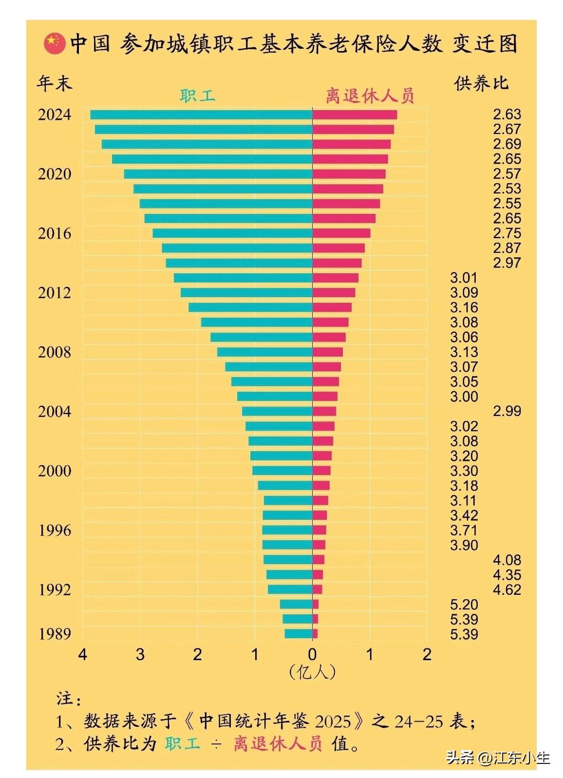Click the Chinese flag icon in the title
(54, 44)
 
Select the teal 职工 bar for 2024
(201, 115)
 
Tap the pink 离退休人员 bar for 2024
(354, 115)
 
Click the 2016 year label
(55, 233)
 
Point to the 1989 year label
(55, 634)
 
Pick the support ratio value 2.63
(507, 114)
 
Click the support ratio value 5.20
(464, 605)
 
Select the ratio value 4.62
(507, 589)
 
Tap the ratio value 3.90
(464, 545)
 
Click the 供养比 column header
(481, 84)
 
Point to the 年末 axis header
(54, 83)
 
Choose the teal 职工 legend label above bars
(197, 95)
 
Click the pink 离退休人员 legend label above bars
(370, 95)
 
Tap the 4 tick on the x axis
(83, 654)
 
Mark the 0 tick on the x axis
(312, 654)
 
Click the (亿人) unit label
(312, 672)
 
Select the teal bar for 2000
(282, 471)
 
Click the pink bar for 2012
(334, 293)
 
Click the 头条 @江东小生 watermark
(498, 758)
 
